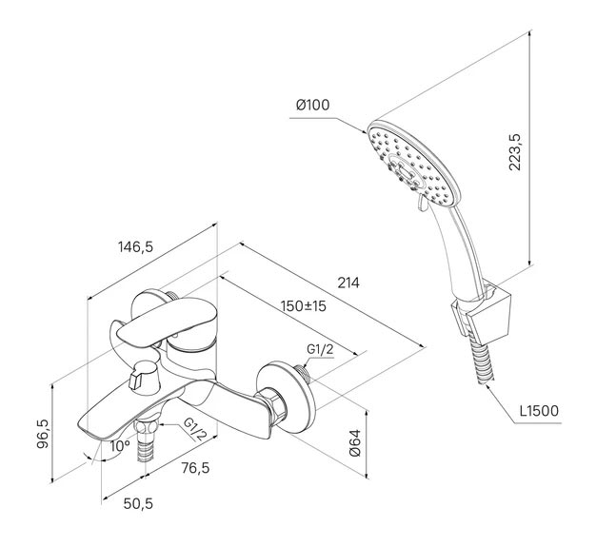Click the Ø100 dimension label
point(313,105)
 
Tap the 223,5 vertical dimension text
point(515,152)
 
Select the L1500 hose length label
point(540,411)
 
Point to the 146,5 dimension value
point(136,247)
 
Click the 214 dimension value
point(348,283)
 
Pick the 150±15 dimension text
point(304,305)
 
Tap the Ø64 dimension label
point(354,443)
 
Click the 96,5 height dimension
point(43,434)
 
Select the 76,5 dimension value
point(195,468)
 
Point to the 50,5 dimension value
point(138,503)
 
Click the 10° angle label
point(120,446)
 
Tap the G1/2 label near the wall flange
point(320,349)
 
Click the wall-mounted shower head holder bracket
point(481,311)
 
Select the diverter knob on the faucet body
point(144,377)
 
